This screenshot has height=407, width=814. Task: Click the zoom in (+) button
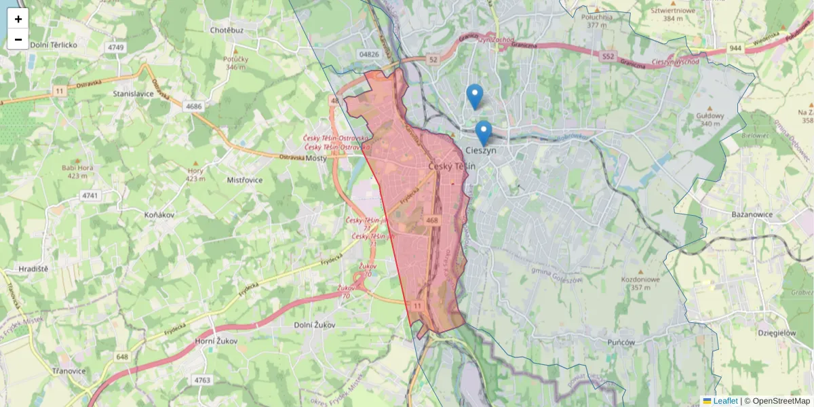18,19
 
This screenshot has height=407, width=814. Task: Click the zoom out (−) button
18,39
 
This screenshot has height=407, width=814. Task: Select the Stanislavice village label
134,94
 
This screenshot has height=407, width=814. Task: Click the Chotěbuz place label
227,31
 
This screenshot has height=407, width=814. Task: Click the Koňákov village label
161,214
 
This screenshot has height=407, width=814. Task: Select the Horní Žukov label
216,341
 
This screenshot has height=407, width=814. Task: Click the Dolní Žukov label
315,325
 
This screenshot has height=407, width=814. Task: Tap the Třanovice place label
69,371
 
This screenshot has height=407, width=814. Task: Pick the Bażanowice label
753,214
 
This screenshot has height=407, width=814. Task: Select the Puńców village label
621,343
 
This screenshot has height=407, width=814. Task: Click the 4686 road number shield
194,106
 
